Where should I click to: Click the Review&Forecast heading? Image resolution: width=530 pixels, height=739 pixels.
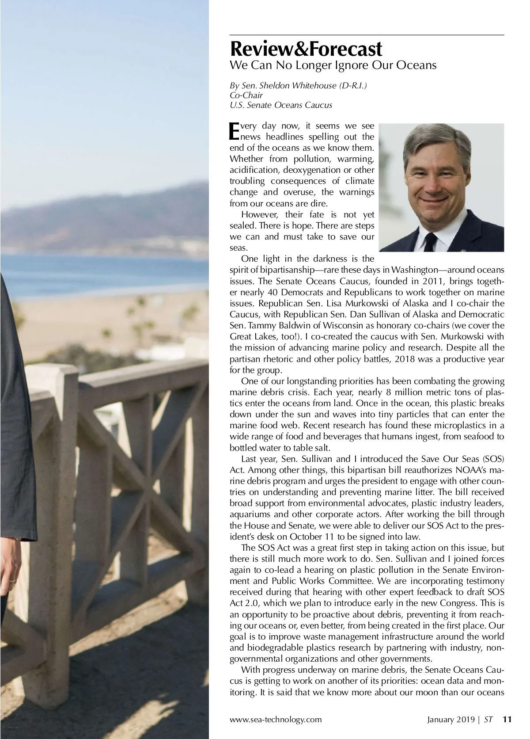tap(306, 48)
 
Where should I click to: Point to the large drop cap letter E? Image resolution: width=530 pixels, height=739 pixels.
tap(234, 130)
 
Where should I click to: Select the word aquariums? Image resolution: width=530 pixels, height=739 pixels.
tap(249, 514)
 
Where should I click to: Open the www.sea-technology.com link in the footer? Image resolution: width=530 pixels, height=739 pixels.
tap(276, 719)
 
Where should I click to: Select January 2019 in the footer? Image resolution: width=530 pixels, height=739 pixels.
tap(450, 719)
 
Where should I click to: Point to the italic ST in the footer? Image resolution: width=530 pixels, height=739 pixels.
tap(488, 719)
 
